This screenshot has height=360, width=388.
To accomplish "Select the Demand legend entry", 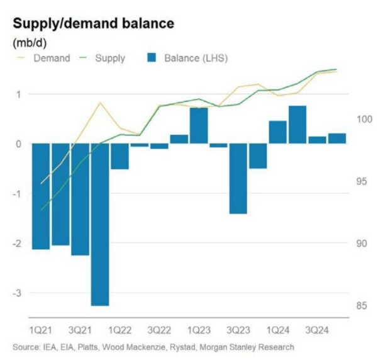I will [52, 58].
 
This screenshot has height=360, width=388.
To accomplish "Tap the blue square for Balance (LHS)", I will [151, 58].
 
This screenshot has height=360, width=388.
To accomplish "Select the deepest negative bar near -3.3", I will [100, 224].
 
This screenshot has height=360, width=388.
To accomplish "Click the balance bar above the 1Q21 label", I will [41, 196].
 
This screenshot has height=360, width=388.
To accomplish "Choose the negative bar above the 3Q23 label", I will [238, 179].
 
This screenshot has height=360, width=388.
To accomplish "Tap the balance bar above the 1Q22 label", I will [119, 156].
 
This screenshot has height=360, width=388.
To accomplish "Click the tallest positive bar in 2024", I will [297, 125].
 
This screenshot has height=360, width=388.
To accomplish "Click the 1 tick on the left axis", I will [19, 94].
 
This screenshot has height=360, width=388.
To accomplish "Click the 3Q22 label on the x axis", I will [159, 330].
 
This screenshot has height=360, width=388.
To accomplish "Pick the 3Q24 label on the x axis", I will [317, 330].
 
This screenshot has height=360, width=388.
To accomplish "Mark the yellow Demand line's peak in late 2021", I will [100, 103].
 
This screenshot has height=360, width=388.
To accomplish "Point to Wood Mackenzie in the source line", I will [147, 347].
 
